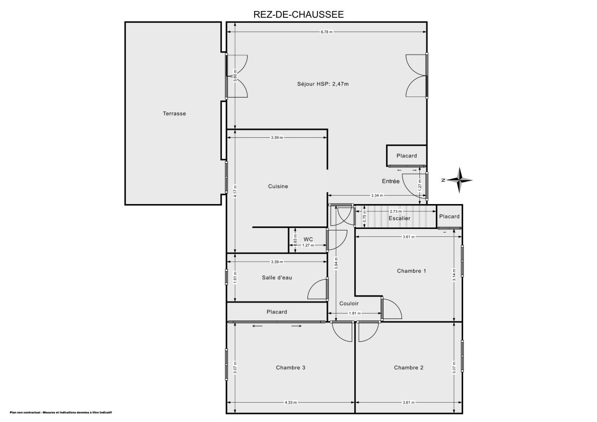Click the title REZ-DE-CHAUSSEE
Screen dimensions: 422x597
pos(298,15)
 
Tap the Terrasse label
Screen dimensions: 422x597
pos(174,113)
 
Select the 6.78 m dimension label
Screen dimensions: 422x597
pos(326,32)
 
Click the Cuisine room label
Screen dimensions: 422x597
pos(278,186)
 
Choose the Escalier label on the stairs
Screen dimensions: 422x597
pos(399,218)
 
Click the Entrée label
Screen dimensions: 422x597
pos(391,181)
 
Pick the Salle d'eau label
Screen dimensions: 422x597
pos(277,277)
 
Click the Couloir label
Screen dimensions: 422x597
pos(349,304)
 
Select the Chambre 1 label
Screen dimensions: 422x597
pos(411,271)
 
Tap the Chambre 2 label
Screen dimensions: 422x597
pos(408,368)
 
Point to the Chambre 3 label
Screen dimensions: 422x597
pos(291,368)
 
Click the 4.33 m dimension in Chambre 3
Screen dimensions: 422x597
pos(291,403)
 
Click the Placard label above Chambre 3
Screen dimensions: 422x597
pos(277,312)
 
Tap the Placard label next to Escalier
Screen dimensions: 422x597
pos(449,216)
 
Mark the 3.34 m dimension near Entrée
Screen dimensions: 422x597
pos(377,196)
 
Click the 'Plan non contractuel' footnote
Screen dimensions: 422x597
pos(60,413)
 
